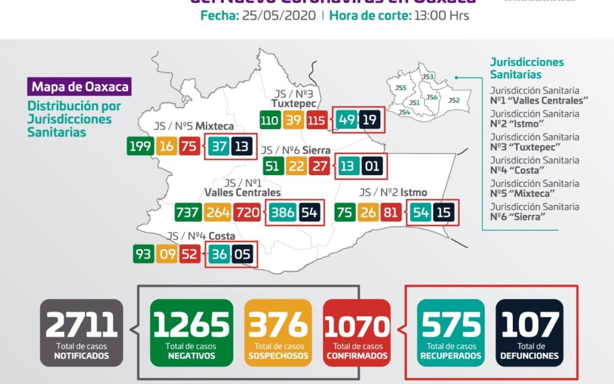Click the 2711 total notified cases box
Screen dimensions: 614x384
[x=81, y=332]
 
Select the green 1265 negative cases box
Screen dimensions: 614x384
[x=192, y=332]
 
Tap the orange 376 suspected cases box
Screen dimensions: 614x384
[x=278, y=332]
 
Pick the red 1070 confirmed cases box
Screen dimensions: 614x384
[x=357, y=332]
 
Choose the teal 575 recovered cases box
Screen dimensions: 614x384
[x=451, y=332]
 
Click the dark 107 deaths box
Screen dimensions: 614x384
[x=530, y=332]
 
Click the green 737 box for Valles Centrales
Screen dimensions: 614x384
[x=188, y=213]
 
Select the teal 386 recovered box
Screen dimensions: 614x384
[x=283, y=213]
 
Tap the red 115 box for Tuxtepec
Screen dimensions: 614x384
[x=316, y=120]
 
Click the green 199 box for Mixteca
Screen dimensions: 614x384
[x=140, y=146]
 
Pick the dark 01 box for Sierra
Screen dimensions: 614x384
[x=371, y=167]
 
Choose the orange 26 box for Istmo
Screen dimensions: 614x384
[x=368, y=213]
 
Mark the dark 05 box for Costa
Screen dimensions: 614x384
[x=242, y=253]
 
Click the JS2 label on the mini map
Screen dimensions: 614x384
[x=453, y=100]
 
